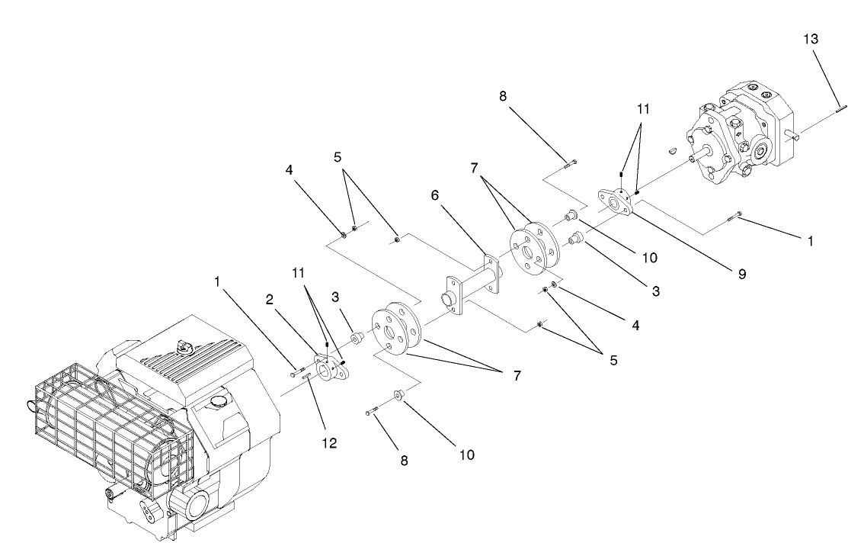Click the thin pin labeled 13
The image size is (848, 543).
pyautogui.click(x=836, y=108)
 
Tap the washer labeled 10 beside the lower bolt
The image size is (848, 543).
pyautogui.click(x=398, y=395)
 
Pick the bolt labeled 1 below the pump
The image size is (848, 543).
pyautogui.click(x=734, y=219)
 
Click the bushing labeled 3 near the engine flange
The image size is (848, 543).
pyautogui.click(x=355, y=338)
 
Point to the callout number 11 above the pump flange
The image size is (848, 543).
pyautogui.click(x=644, y=109)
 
